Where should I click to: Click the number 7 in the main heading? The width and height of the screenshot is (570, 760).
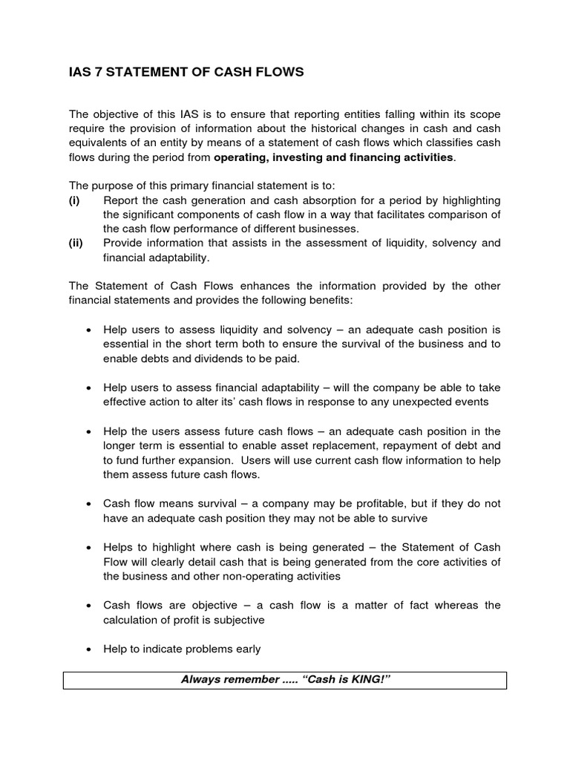pos(95,73)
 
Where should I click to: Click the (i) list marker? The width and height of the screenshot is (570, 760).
pos(73,201)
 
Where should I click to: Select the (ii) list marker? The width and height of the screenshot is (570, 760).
pos(75,243)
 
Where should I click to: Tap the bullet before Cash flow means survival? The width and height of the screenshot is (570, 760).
pos(89,504)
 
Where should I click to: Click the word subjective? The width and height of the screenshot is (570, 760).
pos(233,620)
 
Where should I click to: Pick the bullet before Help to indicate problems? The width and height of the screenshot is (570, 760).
pos(89,649)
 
